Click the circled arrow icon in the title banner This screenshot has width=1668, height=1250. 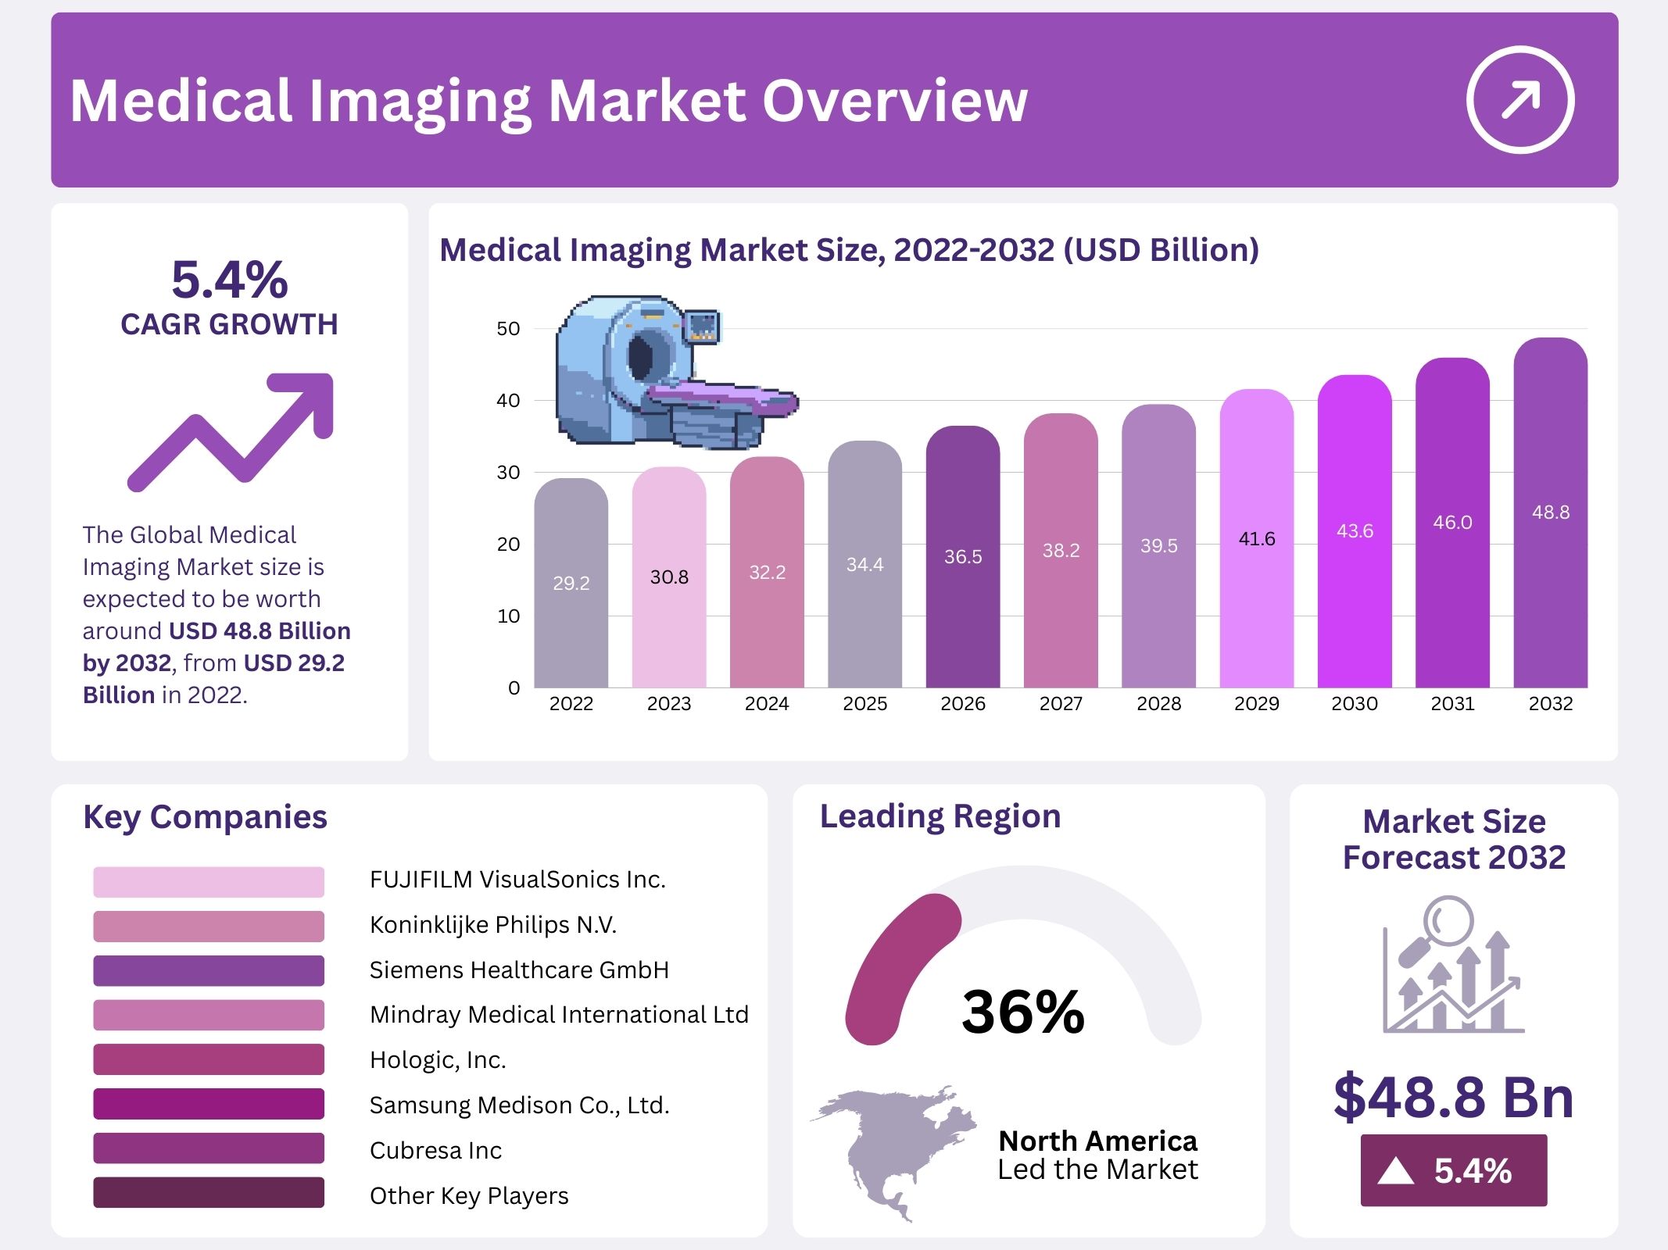click(1519, 100)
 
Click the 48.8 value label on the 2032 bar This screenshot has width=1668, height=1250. click(1550, 512)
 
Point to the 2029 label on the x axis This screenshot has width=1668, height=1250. click(1256, 704)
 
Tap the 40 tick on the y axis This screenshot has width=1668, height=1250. click(508, 401)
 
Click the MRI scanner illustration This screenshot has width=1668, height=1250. click(664, 371)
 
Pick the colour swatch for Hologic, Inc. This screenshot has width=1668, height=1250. click(209, 1059)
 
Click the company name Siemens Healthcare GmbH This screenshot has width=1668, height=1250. click(519, 970)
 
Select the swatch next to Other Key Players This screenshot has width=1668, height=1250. click(209, 1193)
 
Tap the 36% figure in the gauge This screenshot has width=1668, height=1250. click(1023, 1012)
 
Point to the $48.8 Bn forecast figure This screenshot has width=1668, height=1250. click(1453, 1097)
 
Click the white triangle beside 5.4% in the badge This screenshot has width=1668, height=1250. click(1396, 1171)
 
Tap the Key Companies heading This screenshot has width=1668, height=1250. click(205, 817)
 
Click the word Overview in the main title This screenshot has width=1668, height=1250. click(894, 101)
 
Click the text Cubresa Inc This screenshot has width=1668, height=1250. click(435, 1150)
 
